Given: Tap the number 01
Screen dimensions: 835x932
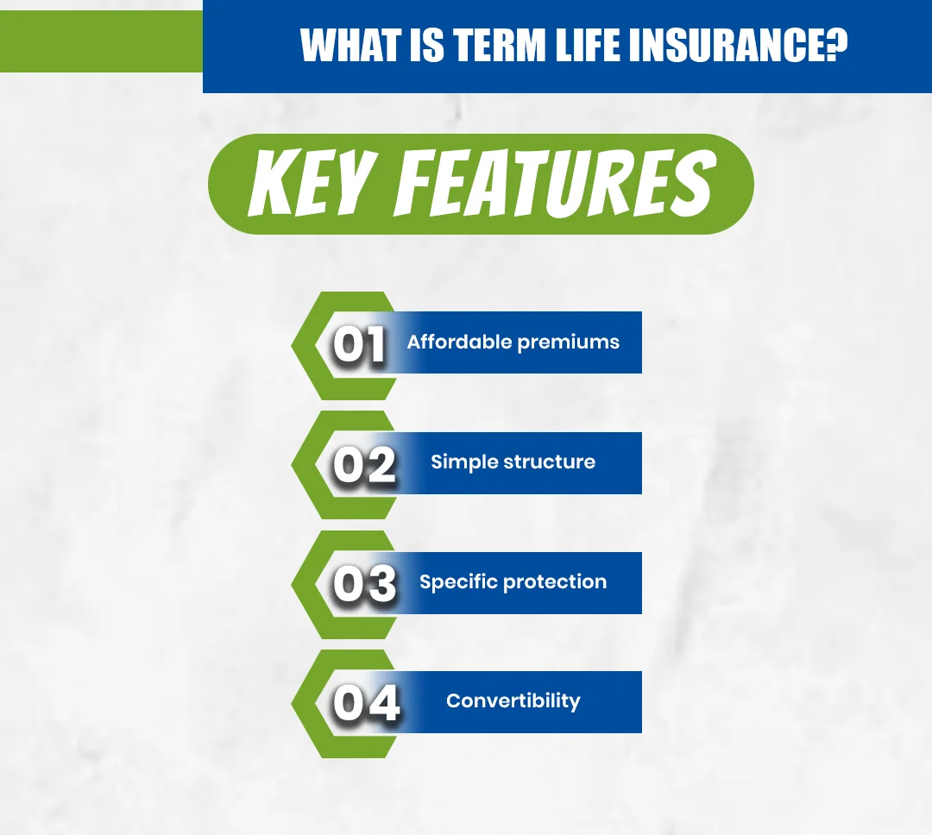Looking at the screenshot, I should (x=361, y=345).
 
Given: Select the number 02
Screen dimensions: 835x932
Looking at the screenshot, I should (x=364, y=465).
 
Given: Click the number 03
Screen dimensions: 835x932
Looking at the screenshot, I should (x=364, y=584).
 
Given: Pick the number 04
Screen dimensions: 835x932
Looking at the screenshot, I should (x=366, y=703).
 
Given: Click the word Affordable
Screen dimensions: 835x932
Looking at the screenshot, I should (x=459, y=342).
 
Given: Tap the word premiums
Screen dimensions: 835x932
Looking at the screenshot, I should (x=568, y=342).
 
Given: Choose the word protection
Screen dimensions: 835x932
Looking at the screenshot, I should (x=555, y=582).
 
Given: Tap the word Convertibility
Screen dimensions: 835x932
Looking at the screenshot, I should (x=513, y=700).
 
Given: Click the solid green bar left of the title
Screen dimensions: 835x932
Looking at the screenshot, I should (x=101, y=44).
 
